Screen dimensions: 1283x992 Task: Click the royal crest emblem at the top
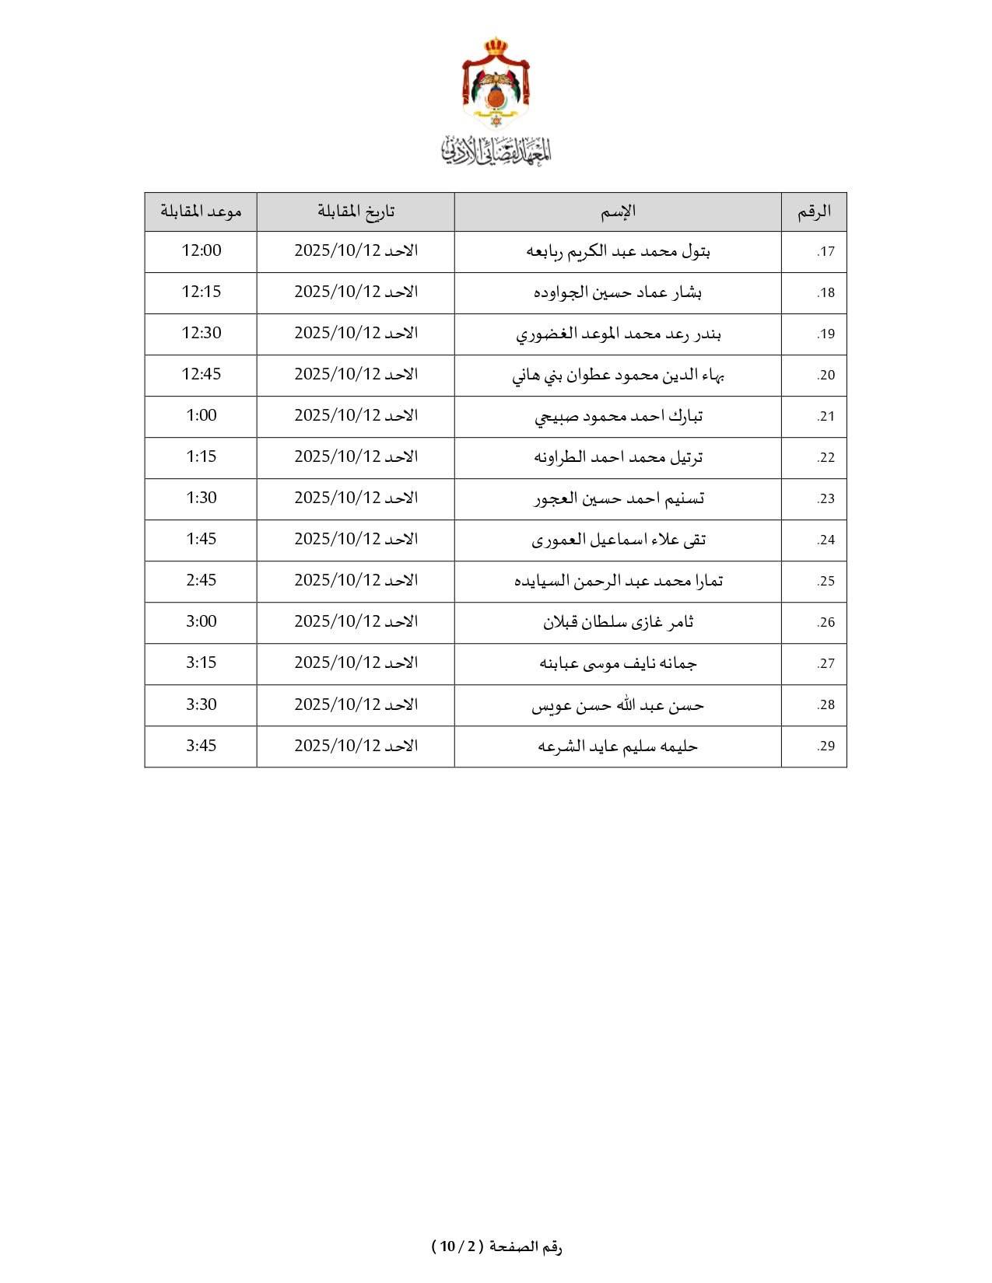pyautogui.click(x=496, y=82)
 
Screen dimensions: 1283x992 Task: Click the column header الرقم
pyautogui.click(x=814, y=212)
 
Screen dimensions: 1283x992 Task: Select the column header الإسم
pyautogui.click(x=618, y=212)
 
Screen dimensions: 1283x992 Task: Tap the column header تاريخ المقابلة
pyautogui.click(x=356, y=212)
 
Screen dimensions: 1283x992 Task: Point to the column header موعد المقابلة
pyautogui.click(x=201, y=212)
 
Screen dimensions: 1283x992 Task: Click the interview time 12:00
pyautogui.click(x=202, y=250)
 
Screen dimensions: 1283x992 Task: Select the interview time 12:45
pyautogui.click(x=202, y=374)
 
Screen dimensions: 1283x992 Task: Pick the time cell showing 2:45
pyautogui.click(x=202, y=580)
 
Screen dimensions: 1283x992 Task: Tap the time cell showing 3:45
pyautogui.click(x=202, y=746)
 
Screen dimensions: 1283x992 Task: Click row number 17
pyautogui.click(x=825, y=252)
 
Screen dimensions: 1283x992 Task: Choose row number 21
pyautogui.click(x=825, y=417)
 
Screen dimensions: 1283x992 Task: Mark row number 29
pyautogui.click(x=825, y=746)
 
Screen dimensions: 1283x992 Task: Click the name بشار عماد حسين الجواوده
pyautogui.click(x=618, y=292)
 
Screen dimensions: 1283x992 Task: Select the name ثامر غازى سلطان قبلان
pyautogui.click(x=618, y=622)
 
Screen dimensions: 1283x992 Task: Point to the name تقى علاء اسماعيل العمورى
pyautogui.click(x=618, y=540)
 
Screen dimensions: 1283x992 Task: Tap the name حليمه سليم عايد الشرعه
pyautogui.click(x=618, y=746)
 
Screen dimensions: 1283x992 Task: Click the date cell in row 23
pyautogui.click(x=356, y=498)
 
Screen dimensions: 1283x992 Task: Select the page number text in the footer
pyautogui.click(x=496, y=1247)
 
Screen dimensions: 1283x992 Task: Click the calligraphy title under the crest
pyautogui.click(x=496, y=149)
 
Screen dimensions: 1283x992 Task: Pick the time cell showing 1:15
pyautogui.click(x=202, y=456)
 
